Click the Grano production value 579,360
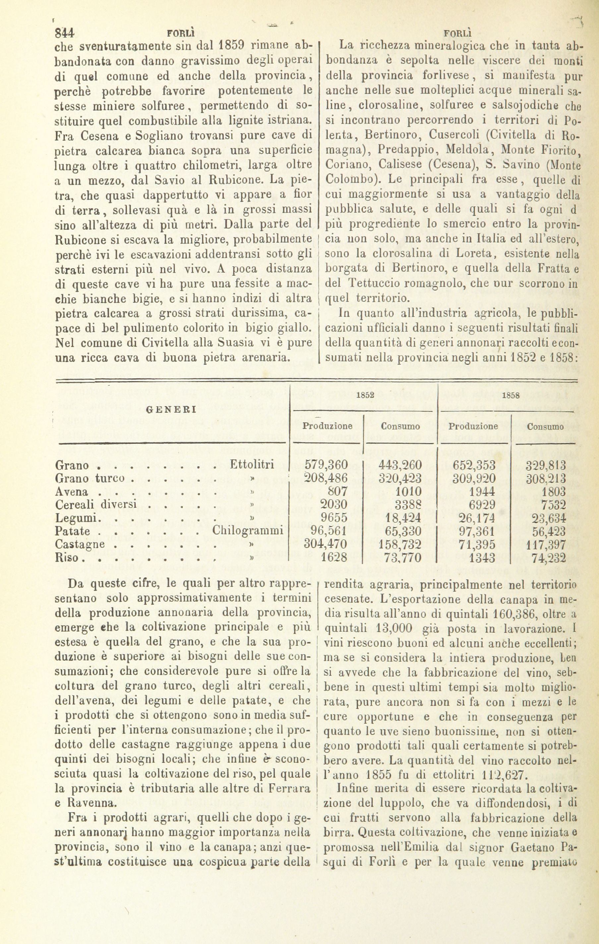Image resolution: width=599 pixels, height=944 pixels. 326,465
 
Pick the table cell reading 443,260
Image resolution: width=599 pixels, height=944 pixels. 400,465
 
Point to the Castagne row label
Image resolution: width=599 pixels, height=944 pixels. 80,545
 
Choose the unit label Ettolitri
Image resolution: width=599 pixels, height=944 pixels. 252,465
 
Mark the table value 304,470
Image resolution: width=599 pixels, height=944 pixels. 326,545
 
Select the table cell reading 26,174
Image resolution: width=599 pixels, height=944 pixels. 474,518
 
